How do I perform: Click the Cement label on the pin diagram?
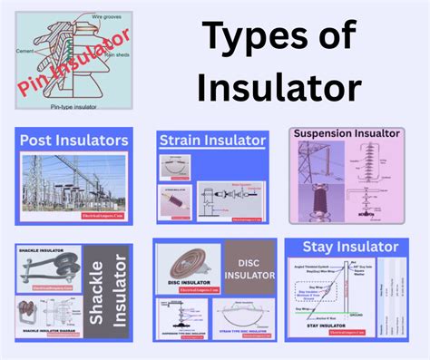coord(25,53)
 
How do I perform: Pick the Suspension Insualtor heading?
coord(347,133)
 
